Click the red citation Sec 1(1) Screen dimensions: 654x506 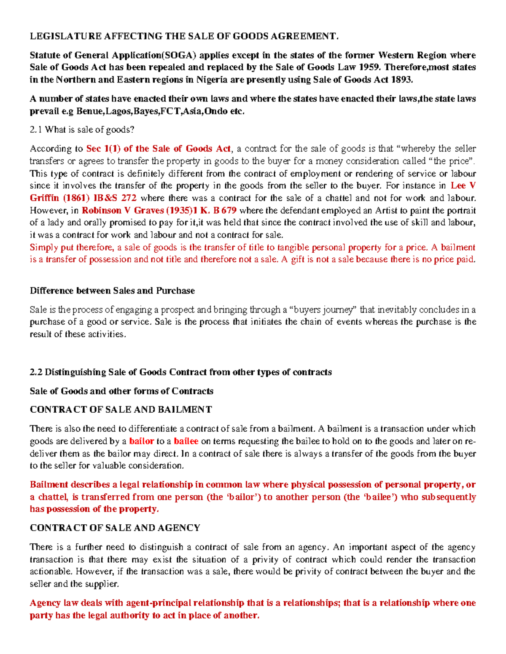coord(103,149)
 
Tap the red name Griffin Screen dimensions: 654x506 coord(45,198)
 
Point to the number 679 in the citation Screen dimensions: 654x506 coord(229,211)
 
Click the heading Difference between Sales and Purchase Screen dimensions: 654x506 coord(112,291)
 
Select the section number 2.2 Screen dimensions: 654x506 coord(36,372)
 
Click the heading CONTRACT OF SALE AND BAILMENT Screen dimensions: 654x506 coord(121,410)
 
